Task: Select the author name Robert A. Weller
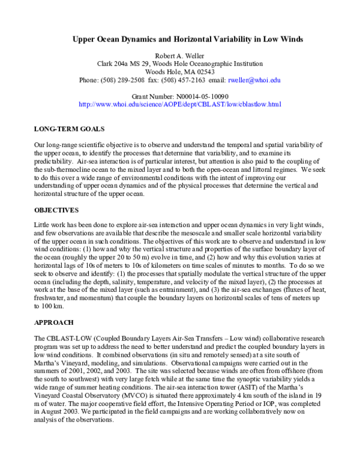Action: [x=180, y=55]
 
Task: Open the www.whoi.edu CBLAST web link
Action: [x=180, y=104]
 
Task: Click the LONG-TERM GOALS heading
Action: [x=69, y=129]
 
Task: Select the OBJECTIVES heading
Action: [x=56, y=210]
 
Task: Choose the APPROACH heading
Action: [x=54, y=322]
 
